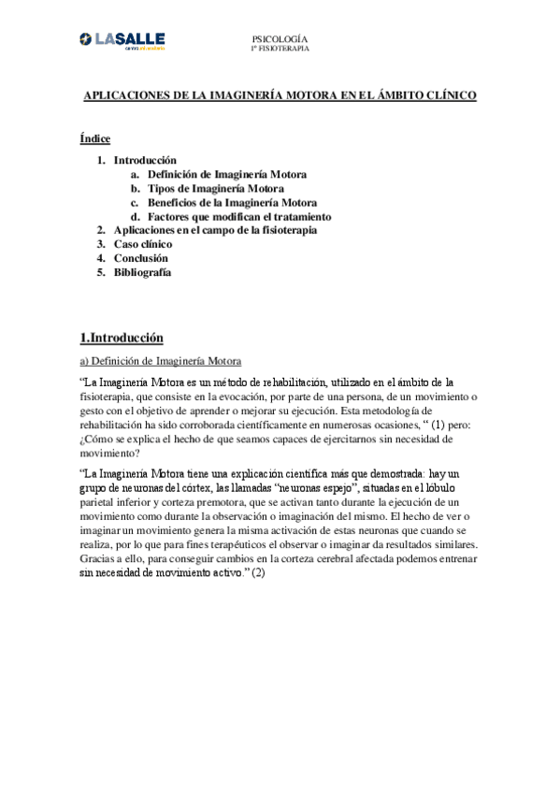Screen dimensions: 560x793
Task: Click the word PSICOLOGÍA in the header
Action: coord(280,38)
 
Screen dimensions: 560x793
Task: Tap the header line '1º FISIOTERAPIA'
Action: coord(280,48)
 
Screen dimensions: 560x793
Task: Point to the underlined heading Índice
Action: coord(95,139)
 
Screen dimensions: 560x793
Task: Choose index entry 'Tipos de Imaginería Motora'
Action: coord(216,188)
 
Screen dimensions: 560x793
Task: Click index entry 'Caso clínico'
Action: coord(143,244)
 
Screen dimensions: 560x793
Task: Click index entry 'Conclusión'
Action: coord(141,258)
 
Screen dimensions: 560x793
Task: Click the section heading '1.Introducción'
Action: coord(122,338)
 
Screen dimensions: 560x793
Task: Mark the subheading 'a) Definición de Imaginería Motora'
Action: coord(161,361)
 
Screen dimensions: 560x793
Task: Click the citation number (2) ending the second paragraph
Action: coord(258,572)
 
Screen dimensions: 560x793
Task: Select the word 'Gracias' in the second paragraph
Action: coord(99,558)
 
